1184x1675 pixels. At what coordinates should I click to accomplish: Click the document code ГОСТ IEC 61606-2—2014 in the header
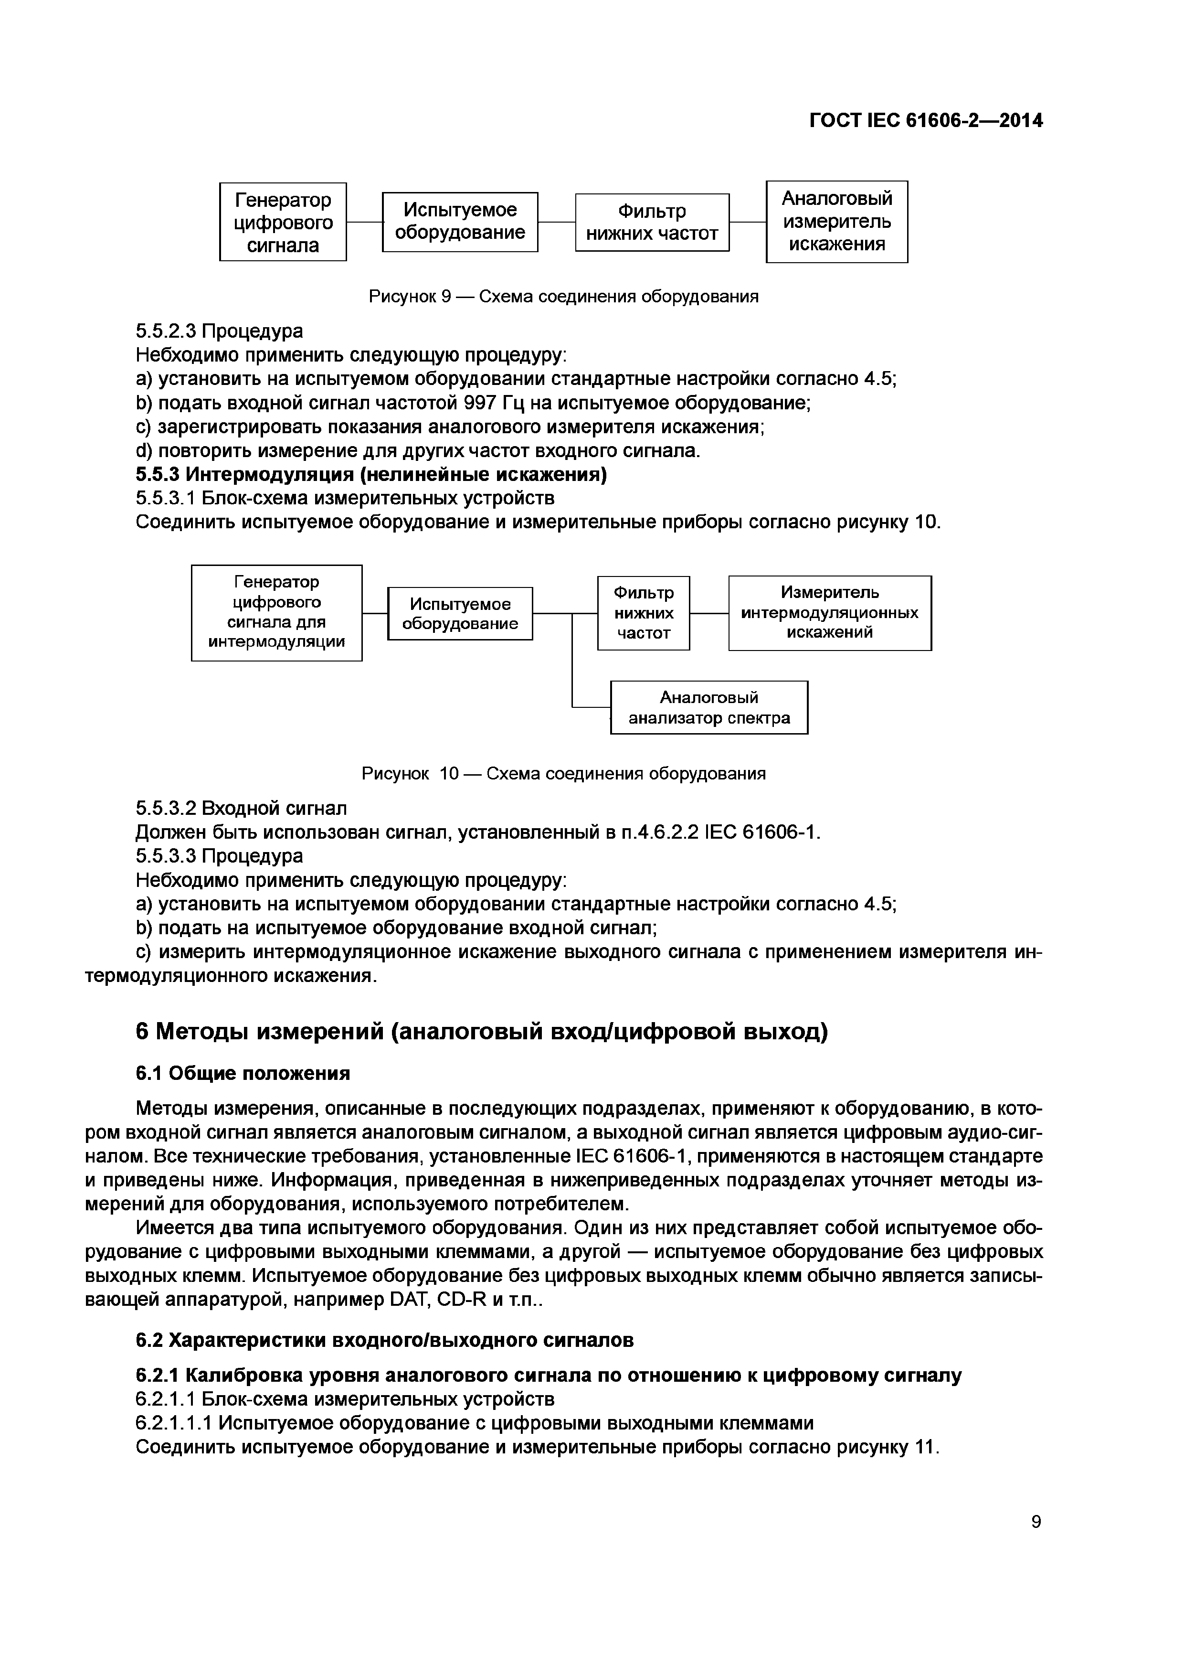[925, 120]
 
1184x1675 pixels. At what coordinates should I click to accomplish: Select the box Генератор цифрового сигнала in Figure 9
[283, 222]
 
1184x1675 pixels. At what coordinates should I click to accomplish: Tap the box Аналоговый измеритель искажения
[836, 221]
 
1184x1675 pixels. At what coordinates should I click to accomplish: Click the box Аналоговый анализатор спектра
[708, 707]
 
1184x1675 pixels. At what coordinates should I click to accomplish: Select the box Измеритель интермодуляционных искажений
[830, 613]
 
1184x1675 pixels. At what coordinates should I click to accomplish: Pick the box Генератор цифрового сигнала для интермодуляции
[276, 613]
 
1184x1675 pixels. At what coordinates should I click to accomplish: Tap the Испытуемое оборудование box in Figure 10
[460, 614]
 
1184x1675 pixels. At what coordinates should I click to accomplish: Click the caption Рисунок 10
[563, 773]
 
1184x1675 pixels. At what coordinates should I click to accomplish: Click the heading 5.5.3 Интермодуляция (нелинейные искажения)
[371, 474]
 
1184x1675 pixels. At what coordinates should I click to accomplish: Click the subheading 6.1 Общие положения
[243, 1073]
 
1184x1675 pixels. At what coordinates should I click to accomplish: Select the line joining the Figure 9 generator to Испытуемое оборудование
[365, 222]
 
